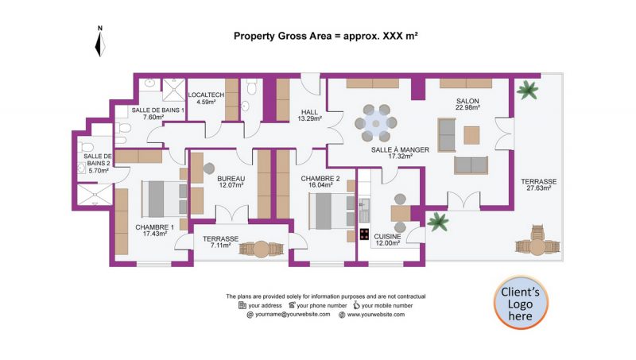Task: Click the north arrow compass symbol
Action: click(99, 43)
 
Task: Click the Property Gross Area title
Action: click(325, 36)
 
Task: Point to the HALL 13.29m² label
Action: click(309, 115)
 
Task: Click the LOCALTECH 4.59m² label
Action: click(207, 98)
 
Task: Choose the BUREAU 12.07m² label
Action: click(231, 182)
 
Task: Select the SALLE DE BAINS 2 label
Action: click(97, 163)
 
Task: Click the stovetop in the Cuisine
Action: click(364, 234)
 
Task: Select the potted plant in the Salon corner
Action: click(525, 90)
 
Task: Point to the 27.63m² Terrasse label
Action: click(538, 185)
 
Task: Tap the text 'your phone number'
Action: click(322, 305)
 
